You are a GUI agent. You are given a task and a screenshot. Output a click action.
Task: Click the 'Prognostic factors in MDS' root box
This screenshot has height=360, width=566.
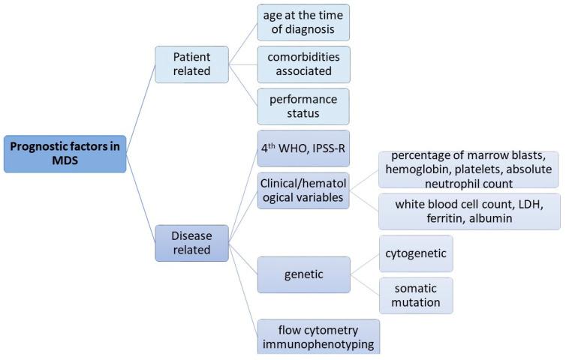coord(65,154)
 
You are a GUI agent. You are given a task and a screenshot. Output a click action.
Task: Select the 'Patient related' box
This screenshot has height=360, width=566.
coord(191,64)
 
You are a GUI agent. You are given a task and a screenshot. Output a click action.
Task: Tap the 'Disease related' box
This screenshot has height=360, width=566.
coord(191,242)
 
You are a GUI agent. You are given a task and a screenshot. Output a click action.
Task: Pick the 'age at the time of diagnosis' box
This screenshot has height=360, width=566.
coord(303,22)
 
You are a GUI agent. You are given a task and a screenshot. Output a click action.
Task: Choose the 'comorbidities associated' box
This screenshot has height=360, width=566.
coord(303,64)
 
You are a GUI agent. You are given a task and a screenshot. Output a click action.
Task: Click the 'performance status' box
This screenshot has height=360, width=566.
coord(303,106)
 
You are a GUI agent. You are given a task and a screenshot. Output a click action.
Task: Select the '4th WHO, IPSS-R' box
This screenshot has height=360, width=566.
coord(303,148)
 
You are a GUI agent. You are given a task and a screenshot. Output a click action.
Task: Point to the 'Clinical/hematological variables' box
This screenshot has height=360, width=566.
coord(303,190)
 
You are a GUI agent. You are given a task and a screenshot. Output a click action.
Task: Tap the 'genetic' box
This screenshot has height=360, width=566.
coord(303,274)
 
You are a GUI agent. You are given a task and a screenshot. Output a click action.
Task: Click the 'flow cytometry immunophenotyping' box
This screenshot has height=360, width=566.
coord(318,336)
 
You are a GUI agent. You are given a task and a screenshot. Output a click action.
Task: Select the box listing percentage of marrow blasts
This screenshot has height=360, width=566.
coord(468,169)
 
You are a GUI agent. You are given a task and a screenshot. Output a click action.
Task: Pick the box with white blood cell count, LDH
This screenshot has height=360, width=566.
coord(468,211)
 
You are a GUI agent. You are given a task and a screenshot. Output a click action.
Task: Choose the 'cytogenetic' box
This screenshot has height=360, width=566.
coord(415,253)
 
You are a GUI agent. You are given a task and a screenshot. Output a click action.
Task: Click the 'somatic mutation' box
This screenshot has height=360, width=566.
coord(415,295)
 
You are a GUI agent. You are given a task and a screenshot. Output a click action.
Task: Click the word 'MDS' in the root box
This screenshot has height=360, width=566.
coord(65,162)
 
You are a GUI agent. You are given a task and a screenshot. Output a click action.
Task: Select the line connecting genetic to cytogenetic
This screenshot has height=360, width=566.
coord(364,264)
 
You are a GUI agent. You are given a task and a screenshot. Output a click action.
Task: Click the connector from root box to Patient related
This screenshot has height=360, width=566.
coord(140,109)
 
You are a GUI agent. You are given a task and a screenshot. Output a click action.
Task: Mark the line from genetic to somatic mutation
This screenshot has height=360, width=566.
coord(364,285)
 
